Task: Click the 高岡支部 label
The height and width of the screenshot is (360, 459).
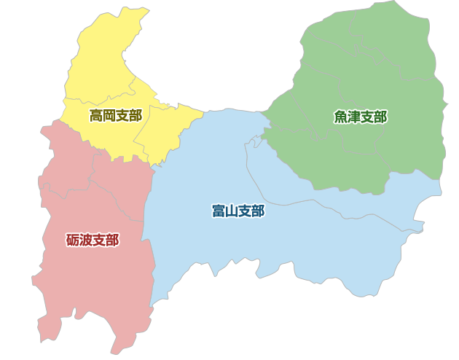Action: [115, 115]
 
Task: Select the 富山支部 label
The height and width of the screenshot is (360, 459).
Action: [238, 211]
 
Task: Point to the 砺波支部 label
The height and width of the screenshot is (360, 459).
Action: [93, 240]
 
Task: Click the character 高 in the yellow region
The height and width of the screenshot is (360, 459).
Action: [96, 115]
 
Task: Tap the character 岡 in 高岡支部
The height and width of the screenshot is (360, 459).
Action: [109, 115]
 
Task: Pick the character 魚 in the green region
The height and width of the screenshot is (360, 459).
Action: [341, 117]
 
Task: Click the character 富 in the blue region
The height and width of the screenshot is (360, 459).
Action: [219, 211]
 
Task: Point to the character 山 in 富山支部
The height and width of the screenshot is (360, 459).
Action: [231, 211]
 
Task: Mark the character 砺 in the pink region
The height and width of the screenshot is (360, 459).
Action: [74, 240]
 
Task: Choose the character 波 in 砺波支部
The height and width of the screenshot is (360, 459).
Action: [86, 240]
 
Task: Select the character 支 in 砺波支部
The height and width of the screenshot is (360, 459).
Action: [99, 240]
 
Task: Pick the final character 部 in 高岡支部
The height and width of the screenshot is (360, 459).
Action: [135, 115]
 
